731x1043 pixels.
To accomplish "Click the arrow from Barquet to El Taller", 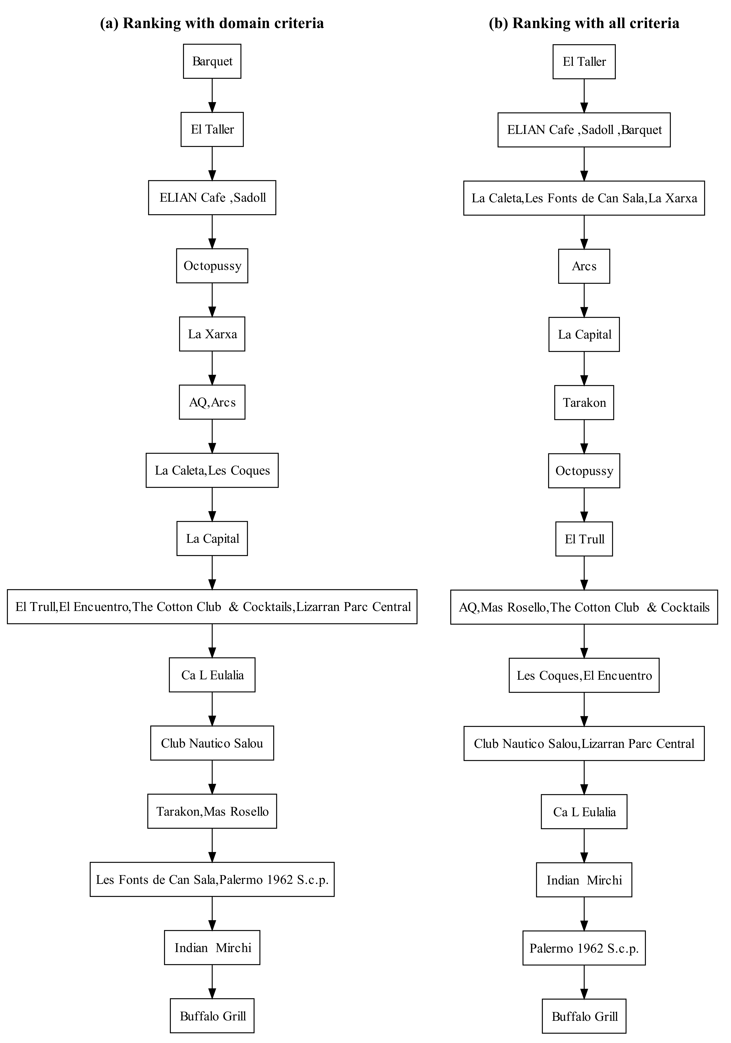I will pos(212,95).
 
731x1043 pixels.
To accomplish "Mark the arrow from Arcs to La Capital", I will pos(584,300).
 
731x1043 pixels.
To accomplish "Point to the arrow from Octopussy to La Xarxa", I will pos(212,300).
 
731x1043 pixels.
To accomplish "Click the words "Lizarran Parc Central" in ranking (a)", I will pos(353,607).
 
